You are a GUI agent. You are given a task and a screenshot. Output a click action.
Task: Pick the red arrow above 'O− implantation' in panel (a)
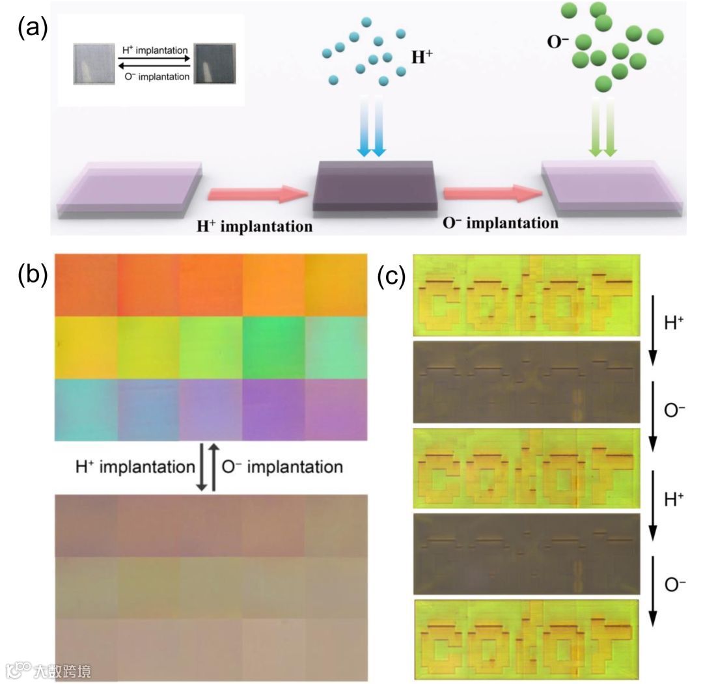click(491, 193)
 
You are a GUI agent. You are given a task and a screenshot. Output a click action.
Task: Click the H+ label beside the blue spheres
click(422, 57)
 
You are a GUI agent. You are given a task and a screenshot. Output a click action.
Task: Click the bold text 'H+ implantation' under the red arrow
click(255, 226)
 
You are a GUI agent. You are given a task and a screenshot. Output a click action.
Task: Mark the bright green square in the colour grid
click(273, 347)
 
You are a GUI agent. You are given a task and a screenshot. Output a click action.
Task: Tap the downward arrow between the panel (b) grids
click(202, 467)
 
